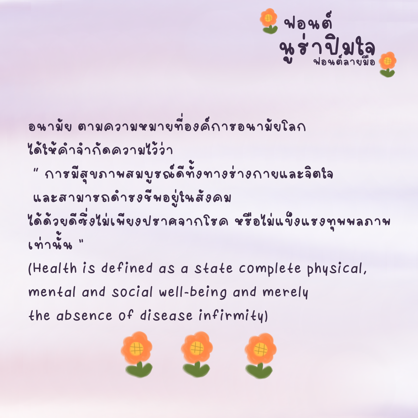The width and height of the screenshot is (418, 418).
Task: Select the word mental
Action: pyautogui.click(x=52, y=292)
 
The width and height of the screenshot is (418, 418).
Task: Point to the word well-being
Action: pyautogui.click(x=193, y=292)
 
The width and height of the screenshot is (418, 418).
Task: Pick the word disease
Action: pyautogui.click(x=166, y=316)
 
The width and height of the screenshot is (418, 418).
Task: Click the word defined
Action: pyautogui.click(x=127, y=268)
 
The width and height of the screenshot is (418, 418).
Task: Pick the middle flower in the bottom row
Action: pyautogui.click(x=197, y=354)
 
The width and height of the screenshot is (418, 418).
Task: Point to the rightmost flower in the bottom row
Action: pyautogui.click(x=260, y=355)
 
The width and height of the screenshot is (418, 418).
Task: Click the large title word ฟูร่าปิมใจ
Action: pyautogui.click(x=327, y=49)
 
